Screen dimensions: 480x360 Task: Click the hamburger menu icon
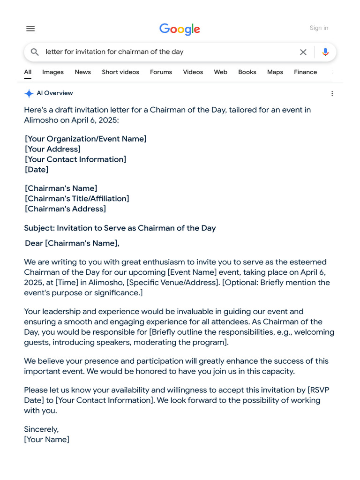pyautogui.click(x=30, y=29)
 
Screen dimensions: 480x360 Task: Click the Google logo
pyautogui.click(x=180, y=29)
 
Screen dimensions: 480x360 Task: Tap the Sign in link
pyautogui.click(x=319, y=28)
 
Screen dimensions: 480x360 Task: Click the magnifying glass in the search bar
pyautogui.click(x=35, y=52)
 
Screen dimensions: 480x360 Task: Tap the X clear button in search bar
pyautogui.click(x=303, y=52)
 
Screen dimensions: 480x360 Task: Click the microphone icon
pyautogui.click(x=325, y=52)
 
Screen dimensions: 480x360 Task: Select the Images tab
pyautogui.click(x=53, y=72)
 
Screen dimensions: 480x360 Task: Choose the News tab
pyautogui.click(x=82, y=72)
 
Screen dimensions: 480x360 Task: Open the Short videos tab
pyautogui.click(x=120, y=72)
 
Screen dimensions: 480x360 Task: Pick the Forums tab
pyautogui.click(x=161, y=72)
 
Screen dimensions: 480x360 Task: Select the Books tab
pyautogui.click(x=247, y=72)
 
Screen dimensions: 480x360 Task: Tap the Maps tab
pyautogui.click(x=275, y=72)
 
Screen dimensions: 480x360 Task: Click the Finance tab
pyautogui.click(x=306, y=72)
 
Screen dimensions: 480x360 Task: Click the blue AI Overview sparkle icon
pyautogui.click(x=29, y=93)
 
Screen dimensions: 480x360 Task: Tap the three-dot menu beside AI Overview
pyautogui.click(x=332, y=94)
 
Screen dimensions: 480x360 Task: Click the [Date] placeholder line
pyautogui.click(x=37, y=170)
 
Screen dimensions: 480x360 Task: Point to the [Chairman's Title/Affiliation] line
pyautogui.click(x=77, y=199)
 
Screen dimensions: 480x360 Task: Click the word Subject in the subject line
pyautogui.click(x=39, y=228)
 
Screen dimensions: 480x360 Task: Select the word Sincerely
pyautogui.click(x=41, y=429)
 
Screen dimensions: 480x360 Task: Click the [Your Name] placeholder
pyautogui.click(x=47, y=440)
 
